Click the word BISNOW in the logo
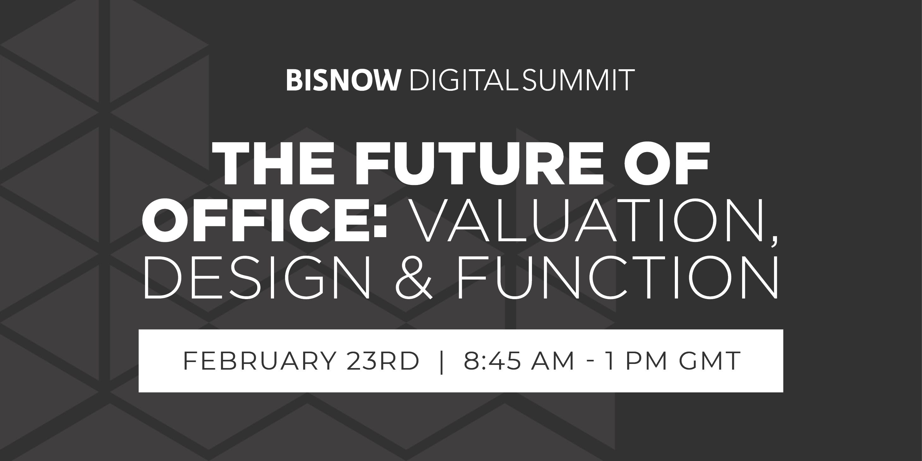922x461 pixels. pyautogui.click(x=343, y=80)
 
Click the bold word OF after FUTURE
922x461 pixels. pyautogui.click(x=668, y=163)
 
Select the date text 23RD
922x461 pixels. pyautogui.click(x=383, y=361)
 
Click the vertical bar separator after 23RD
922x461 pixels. pyautogui.click(x=441, y=361)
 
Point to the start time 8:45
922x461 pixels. pyautogui.click(x=492, y=361)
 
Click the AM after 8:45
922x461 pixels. pyautogui.click(x=553, y=361)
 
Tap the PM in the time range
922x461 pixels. pyautogui.click(x=646, y=361)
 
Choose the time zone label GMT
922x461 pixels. pyautogui.click(x=710, y=361)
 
